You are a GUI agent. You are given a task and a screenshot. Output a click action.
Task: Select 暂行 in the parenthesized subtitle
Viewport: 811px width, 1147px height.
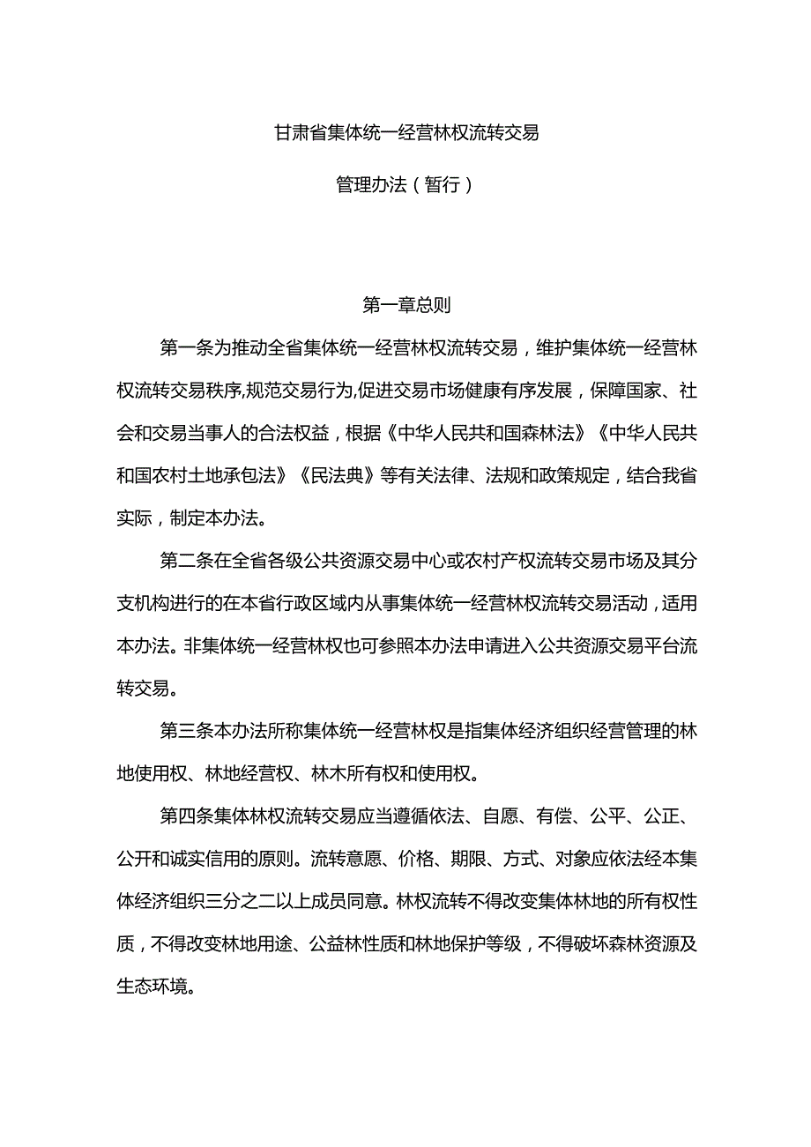pos(442,185)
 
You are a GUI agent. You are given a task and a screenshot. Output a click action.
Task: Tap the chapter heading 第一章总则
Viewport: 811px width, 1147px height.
pos(406,305)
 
